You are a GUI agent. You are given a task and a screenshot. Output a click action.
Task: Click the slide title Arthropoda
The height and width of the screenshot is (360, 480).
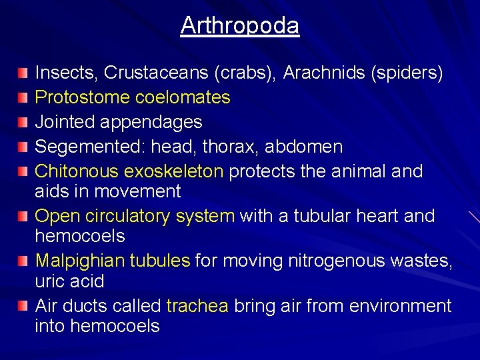coord(240,26)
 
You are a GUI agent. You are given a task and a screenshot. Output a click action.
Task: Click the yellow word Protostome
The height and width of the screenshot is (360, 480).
coord(82,97)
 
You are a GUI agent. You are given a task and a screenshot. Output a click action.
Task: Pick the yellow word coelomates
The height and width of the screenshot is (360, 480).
coord(183,97)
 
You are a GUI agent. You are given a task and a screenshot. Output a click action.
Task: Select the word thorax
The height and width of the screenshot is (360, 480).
coord(241,147)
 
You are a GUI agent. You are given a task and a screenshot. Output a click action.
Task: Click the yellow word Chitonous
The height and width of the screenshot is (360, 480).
coord(77,171)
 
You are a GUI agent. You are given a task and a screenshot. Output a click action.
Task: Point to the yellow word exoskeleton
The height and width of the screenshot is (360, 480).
coord(173,171)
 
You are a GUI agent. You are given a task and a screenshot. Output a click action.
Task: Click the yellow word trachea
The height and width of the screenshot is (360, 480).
coord(197,306)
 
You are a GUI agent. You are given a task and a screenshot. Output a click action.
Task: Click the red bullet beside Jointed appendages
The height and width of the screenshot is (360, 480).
coord(23,122)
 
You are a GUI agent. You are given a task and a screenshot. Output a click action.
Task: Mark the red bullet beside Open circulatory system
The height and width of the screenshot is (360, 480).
coord(23,216)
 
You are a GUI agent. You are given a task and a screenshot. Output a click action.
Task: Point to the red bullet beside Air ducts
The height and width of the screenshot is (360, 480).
coord(23,306)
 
